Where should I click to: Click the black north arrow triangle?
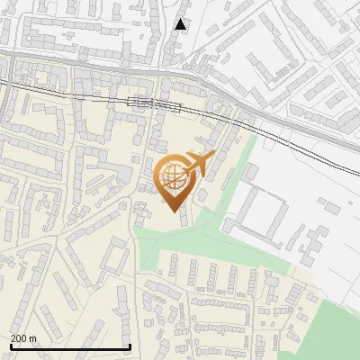(181, 24)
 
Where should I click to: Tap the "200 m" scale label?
(22, 338)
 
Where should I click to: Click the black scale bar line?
(70, 346)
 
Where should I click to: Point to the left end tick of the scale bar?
(10, 346)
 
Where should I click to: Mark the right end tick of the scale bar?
(130, 346)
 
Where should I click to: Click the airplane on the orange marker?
(197, 164)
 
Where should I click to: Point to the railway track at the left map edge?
(4, 83)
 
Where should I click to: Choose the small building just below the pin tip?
(184, 219)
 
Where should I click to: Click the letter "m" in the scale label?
(32, 338)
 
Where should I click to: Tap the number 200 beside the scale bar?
(18, 338)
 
